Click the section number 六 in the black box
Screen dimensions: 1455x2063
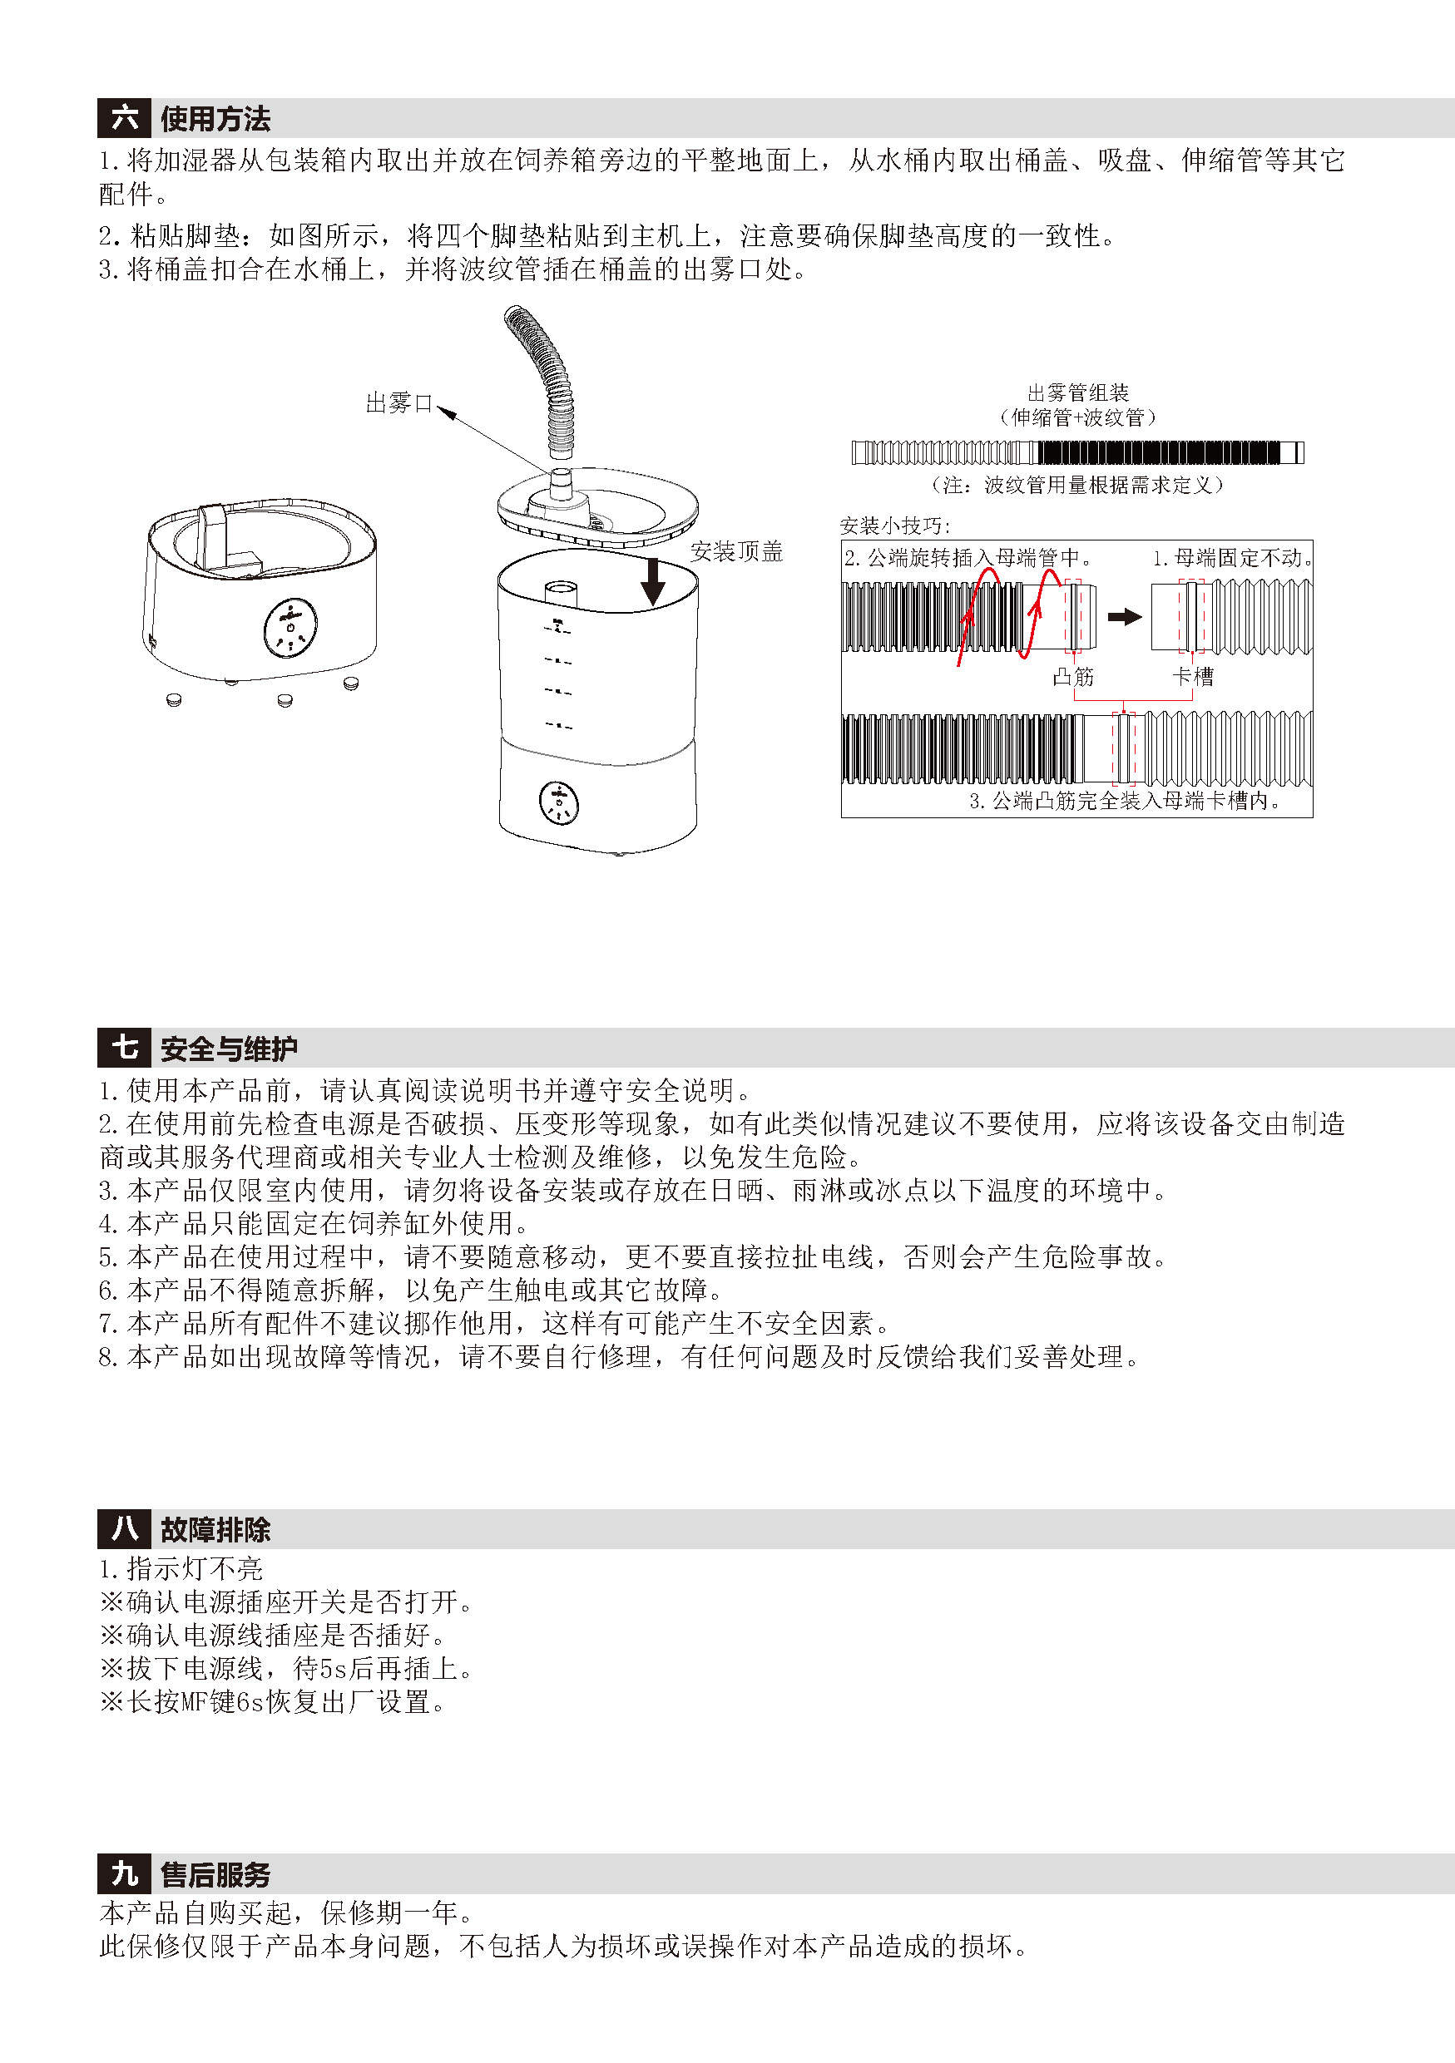[x=124, y=118]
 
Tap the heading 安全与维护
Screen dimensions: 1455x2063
[x=229, y=1049]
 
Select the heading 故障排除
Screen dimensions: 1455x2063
[x=215, y=1529]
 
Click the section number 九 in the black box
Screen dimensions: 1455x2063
[x=124, y=1874]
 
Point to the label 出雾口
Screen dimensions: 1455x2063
[x=400, y=403]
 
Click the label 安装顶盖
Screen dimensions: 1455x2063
[x=737, y=551]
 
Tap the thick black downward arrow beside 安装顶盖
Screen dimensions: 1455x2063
[x=653, y=580]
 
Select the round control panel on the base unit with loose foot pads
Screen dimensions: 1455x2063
[x=290, y=628]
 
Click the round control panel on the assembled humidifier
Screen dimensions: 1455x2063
[x=559, y=802]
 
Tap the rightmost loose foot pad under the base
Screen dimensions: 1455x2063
[x=350, y=684]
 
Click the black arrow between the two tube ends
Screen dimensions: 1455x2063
[x=1124, y=616]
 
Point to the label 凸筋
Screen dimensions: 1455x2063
[x=1074, y=677]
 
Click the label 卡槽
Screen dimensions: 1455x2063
[x=1194, y=677]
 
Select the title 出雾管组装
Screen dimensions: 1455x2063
[x=1078, y=392]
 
